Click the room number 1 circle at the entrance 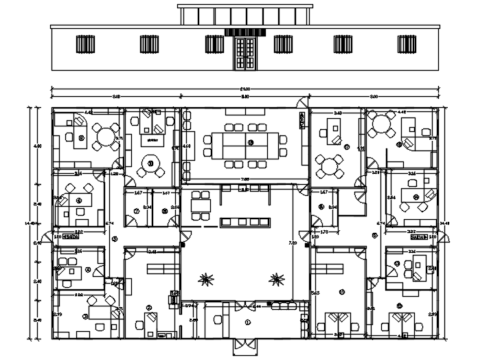[249, 322]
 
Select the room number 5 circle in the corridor [115, 239]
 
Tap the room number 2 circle [149, 307]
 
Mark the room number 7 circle [137, 211]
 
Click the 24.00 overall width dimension [245, 89]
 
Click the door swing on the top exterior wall [302, 103]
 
